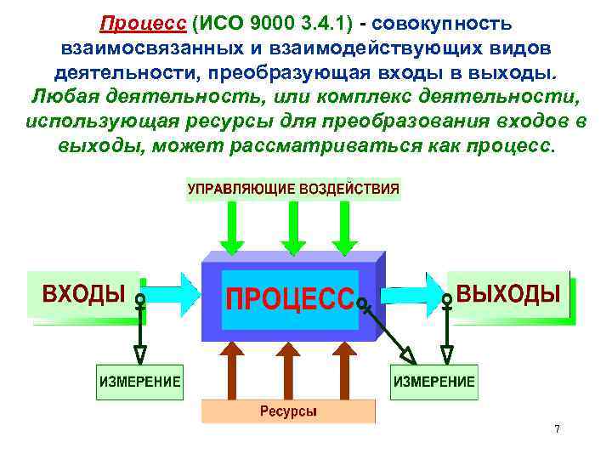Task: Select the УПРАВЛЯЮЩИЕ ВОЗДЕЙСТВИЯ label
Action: point(293,188)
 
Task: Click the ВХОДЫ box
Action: point(83,294)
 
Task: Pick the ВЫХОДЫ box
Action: point(508,294)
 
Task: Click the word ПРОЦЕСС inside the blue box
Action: point(289,298)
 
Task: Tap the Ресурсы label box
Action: point(288,411)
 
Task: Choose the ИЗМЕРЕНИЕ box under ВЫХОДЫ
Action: point(433,382)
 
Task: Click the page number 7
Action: point(557,428)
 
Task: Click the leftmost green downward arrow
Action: point(231,227)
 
